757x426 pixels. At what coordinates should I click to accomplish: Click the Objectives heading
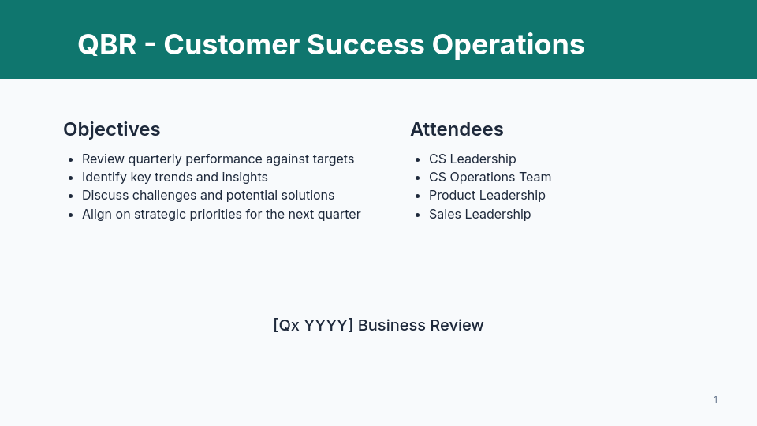pyautogui.click(x=111, y=129)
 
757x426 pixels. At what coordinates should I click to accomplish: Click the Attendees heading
pyautogui.click(x=457, y=129)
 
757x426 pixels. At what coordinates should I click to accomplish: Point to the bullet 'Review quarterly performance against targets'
pyautogui.click(x=218, y=159)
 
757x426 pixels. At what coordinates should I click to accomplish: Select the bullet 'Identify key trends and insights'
pyautogui.click(x=174, y=177)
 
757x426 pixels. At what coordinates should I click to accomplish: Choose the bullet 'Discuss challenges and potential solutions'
pyautogui.click(x=208, y=195)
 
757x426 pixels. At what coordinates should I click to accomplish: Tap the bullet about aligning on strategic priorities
pyautogui.click(x=221, y=214)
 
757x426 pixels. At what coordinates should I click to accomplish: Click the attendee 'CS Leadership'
pyautogui.click(x=472, y=159)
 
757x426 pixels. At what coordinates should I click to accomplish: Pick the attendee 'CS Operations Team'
pyautogui.click(x=490, y=177)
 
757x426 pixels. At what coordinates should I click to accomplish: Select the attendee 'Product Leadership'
pyautogui.click(x=487, y=195)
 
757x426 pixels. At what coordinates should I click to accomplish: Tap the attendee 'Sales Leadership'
pyautogui.click(x=479, y=214)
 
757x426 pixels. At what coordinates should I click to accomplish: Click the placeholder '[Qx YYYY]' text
pyautogui.click(x=312, y=325)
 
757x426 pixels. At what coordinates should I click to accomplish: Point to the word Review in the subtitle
pyautogui.click(x=457, y=325)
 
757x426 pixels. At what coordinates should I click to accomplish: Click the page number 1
pyautogui.click(x=715, y=400)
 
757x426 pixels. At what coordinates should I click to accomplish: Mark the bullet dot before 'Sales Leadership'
pyautogui.click(x=417, y=215)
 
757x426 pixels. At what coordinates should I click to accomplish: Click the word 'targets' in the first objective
pyautogui.click(x=332, y=159)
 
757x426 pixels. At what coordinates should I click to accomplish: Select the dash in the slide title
pyautogui.click(x=150, y=45)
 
